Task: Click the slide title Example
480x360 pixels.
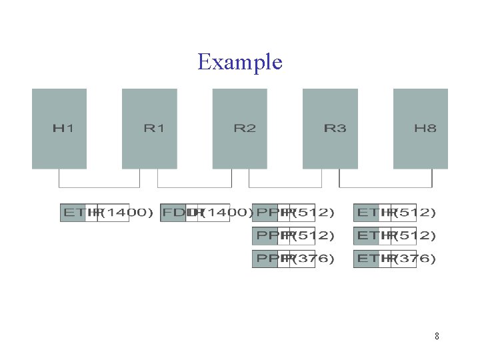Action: coord(240,62)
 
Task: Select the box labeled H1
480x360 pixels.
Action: coord(59,128)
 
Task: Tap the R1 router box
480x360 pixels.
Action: coord(149,128)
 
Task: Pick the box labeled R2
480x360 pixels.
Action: coord(240,128)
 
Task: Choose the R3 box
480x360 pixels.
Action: coord(330,128)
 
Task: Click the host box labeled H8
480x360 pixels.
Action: coord(421,128)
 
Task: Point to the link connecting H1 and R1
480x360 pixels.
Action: coord(99,187)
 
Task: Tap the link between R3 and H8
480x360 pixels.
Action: coord(385,187)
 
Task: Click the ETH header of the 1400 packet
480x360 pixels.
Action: coord(73,213)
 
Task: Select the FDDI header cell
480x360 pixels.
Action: coord(173,213)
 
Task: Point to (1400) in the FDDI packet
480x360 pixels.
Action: coord(227,213)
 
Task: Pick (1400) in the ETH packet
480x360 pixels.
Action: coord(127,213)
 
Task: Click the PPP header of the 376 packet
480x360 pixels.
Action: coord(265,259)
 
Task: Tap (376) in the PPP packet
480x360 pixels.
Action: coord(313,259)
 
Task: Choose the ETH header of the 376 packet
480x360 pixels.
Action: coord(366,259)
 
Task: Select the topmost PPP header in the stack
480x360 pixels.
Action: coord(265,213)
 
